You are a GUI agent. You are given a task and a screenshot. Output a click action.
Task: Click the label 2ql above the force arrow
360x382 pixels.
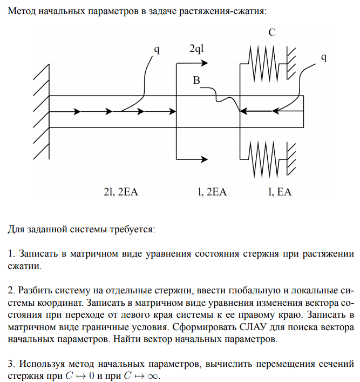pos(196,49)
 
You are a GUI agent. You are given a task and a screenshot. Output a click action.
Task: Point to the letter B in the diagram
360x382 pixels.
pos(196,81)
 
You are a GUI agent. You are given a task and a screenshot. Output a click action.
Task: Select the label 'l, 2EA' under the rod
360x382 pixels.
pos(212,192)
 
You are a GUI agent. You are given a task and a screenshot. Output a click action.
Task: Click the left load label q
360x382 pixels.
pos(157,50)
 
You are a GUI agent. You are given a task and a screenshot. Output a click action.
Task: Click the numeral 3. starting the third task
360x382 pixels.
pos(11,363)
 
